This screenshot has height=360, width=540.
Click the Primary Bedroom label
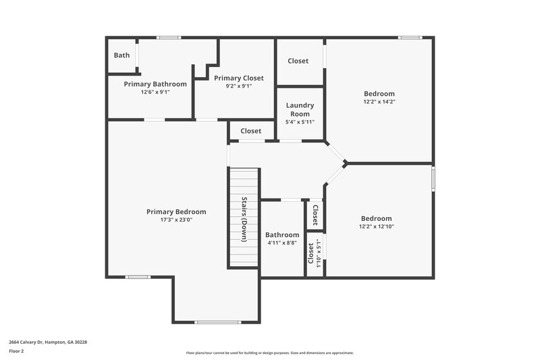176,211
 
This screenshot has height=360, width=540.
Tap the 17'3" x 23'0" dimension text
176,220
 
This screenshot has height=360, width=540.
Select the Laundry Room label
300,109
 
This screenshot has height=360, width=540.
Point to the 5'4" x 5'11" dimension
300,122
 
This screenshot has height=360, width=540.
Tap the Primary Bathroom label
155,84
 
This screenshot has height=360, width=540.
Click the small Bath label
122,55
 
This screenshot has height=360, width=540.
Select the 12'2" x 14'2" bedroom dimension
379,102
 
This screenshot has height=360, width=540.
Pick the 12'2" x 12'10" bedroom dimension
376,227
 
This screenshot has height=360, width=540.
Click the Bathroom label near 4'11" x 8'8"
282,234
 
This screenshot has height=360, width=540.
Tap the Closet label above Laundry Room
298,61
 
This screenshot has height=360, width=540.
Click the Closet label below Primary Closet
251,131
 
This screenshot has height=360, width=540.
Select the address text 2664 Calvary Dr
47,342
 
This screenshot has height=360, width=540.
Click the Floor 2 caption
16,351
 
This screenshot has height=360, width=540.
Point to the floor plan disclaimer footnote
269,353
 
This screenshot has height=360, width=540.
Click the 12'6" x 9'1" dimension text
155,92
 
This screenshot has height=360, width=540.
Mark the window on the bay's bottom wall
217,322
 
